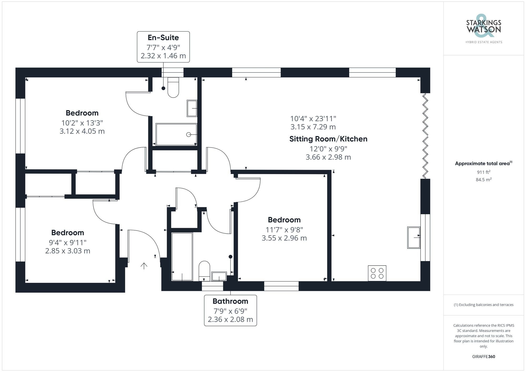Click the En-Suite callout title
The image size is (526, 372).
coord(163,38)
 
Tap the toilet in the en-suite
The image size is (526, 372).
coord(173,88)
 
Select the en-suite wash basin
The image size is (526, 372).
coord(192,108)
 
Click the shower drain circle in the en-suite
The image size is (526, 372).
coord(188,135)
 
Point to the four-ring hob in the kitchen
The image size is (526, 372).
coord(377,273)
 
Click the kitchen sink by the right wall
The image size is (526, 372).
coord(414,237)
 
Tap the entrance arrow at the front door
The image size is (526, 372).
coord(144,266)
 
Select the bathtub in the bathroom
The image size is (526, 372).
coord(182,256)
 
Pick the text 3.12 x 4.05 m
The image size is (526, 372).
coord(82,131)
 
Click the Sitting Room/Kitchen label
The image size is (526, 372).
coord(328,139)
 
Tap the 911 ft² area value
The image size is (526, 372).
coord(483,172)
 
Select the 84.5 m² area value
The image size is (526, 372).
coord(483,180)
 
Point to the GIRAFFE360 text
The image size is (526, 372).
coord(483,356)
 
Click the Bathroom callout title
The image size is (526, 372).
coord(230,301)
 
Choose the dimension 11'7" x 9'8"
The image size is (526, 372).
coord(284,230)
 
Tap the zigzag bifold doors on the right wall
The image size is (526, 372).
coord(425,136)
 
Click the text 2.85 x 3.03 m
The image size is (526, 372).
coord(68,251)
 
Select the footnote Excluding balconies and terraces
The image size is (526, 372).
coord(483,305)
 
